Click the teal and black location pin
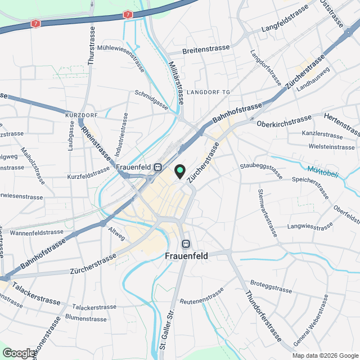click(179, 170)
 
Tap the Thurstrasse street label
click(91, 47)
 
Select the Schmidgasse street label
click(151, 100)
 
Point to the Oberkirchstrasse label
click(283, 121)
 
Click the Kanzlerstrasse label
click(322, 135)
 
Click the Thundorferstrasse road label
click(263, 315)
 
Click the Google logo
click(18, 353)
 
